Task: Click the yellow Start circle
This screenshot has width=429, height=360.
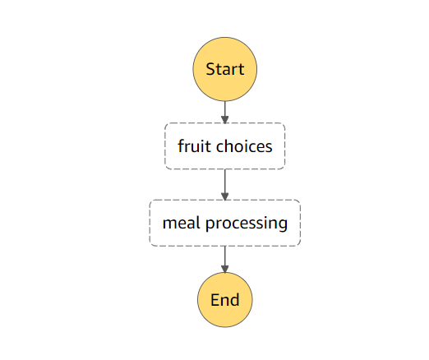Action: click(224, 69)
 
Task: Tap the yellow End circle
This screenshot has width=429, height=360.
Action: click(224, 300)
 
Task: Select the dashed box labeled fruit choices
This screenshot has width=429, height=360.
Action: click(224, 146)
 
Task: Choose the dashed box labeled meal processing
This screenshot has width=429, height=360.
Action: click(224, 223)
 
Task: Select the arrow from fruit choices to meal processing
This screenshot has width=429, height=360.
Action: click(224, 183)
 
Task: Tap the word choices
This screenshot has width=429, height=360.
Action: click(244, 146)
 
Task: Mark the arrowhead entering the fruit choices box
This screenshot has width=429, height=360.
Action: click(224, 119)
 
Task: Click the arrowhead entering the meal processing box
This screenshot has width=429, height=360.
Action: click(224, 196)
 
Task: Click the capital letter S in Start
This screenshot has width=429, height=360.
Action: click(210, 69)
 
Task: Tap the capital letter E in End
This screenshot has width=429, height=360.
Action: click(214, 300)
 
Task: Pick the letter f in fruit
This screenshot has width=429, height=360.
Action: click(181, 146)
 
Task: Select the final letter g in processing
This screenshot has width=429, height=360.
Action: click(284, 224)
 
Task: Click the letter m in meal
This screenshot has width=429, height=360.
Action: click(168, 224)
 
